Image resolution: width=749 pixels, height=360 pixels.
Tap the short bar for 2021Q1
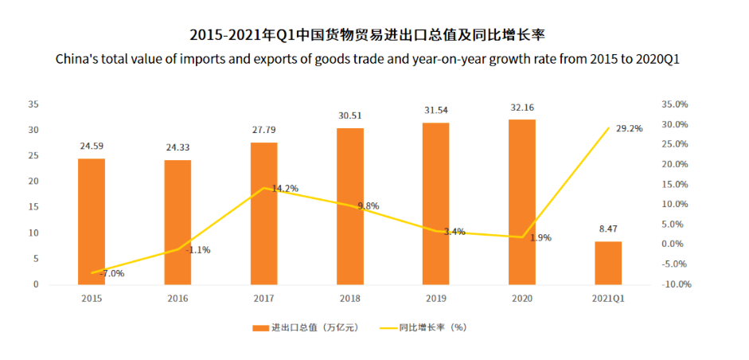[x=608, y=263]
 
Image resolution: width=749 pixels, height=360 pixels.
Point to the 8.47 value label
[x=608, y=229]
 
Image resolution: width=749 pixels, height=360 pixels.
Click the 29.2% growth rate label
[x=629, y=128]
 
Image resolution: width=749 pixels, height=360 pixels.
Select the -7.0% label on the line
[x=111, y=273]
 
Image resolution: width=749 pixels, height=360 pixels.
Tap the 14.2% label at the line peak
[x=284, y=189]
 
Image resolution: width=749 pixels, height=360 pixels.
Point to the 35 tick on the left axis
[x=33, y=104]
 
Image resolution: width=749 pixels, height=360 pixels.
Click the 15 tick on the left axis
[x=33, y=207]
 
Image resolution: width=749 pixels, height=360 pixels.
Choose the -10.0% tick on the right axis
[x=677, y=284]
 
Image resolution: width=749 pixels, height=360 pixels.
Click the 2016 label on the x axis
[x=177, y=298]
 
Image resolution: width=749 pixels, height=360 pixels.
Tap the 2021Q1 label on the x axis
[x=608, y=298]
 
